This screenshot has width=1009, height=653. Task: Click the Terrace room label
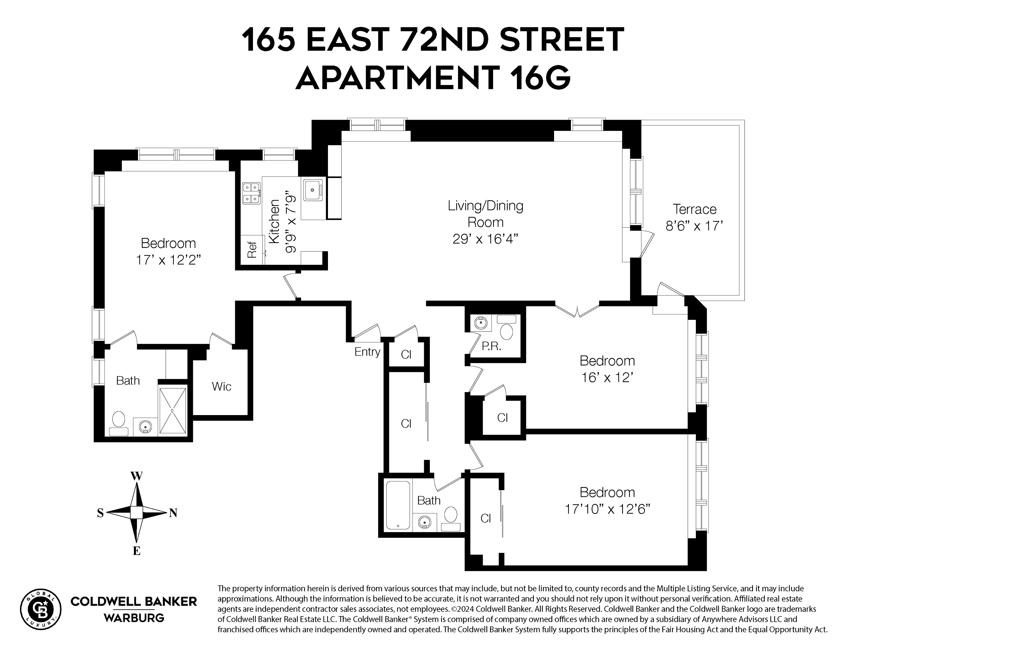pos(694,210)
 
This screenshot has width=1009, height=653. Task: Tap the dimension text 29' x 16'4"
pos(485,239)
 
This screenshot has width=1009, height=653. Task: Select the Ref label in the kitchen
pos(252,250)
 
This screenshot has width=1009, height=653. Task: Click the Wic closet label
pos(221,386)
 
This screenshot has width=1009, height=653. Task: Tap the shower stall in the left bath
pos(173,411)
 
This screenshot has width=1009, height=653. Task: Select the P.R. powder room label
pos(492,346)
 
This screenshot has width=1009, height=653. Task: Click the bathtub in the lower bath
pos(398,505)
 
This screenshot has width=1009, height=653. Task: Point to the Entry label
pos(367,352)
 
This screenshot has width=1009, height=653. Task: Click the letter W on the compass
pos(136,476)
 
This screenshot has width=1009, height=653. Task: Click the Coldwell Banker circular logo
pos(41,609)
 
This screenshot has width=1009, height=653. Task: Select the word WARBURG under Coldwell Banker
pos(134,618)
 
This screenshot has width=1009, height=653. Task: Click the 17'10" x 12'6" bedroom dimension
pos(607,509)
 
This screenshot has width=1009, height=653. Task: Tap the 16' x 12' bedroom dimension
pos(607,377)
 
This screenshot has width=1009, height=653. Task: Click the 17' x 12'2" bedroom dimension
pos(168,260)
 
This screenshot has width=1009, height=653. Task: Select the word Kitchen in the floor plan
pos(275,221)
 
